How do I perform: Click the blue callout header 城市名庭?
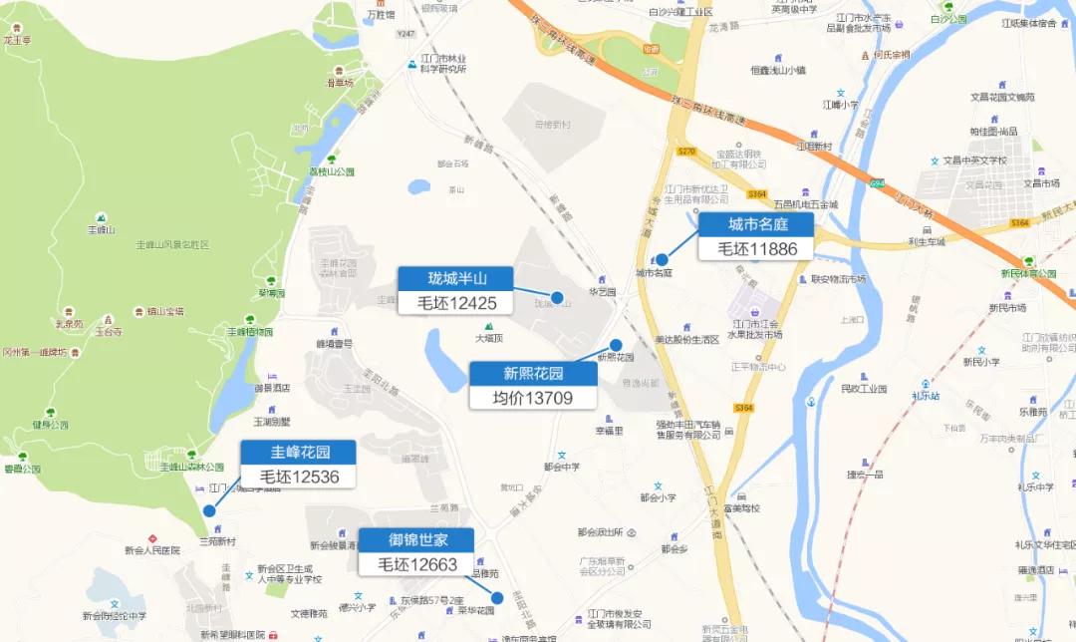(755, 224)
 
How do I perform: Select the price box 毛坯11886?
(755, 248)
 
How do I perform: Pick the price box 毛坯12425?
(456, 303)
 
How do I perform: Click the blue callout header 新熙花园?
(533, 374)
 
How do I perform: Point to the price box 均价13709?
(533, 398)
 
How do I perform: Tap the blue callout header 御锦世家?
(417, 540)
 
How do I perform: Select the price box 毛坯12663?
(417, 564)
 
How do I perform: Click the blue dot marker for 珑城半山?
(558, 297)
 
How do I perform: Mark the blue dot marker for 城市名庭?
(662, 259)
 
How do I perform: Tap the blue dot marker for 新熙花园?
(616, 345)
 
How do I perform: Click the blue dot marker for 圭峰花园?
(209, 510)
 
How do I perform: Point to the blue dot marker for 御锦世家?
(497, 598)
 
